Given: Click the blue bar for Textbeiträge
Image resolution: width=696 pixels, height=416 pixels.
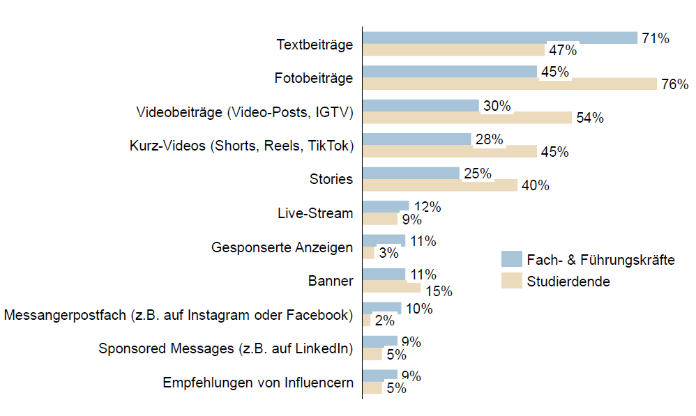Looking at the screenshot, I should tap(499, 38).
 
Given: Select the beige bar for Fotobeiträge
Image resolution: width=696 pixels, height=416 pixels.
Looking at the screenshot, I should tap(509, 84).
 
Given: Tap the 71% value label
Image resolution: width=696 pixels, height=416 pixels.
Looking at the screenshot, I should tap(656, 38).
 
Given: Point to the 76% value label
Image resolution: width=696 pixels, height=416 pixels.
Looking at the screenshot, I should tap(674, 84).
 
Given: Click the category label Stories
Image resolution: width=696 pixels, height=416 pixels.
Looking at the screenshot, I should tap(331, 179).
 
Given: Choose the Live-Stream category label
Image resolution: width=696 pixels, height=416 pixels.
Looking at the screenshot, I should tap(315, 213).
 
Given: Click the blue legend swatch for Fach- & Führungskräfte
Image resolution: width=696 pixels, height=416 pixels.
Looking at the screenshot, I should tap(511, 260).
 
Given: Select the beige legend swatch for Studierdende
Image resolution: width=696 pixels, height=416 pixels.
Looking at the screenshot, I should tap(511, 282).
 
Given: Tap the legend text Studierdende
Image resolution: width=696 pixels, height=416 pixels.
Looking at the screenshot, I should tap(568, 282).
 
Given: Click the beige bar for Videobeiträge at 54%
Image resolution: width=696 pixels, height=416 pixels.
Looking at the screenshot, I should tap(467, 118).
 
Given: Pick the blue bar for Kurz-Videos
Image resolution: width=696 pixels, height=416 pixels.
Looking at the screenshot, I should tap(417, 139).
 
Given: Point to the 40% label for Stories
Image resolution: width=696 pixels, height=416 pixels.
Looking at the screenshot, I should tap(536, 186).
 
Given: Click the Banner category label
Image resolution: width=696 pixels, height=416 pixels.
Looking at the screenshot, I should tap(331, 281).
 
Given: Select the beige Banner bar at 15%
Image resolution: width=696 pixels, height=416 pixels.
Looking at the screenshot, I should tap(391, 287).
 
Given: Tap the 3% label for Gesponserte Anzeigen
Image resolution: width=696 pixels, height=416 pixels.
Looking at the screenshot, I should tap(388, 254).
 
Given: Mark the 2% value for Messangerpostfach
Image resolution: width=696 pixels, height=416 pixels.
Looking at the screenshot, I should tap(384, 321).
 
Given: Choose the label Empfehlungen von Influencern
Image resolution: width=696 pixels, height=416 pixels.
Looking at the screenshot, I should tap(257, 383).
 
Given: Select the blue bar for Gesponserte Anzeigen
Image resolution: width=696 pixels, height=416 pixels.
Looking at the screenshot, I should tap(384, 240).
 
